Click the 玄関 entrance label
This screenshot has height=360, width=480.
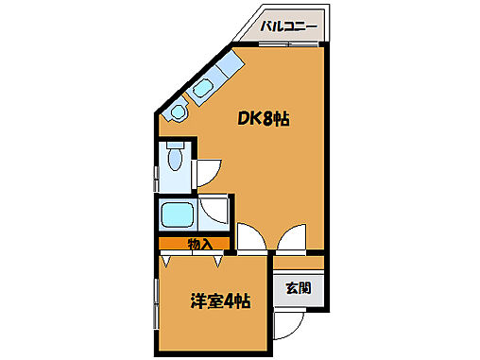point(299,288)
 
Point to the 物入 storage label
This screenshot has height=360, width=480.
point(199,244)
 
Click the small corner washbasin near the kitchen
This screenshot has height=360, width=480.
point(177,112)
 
